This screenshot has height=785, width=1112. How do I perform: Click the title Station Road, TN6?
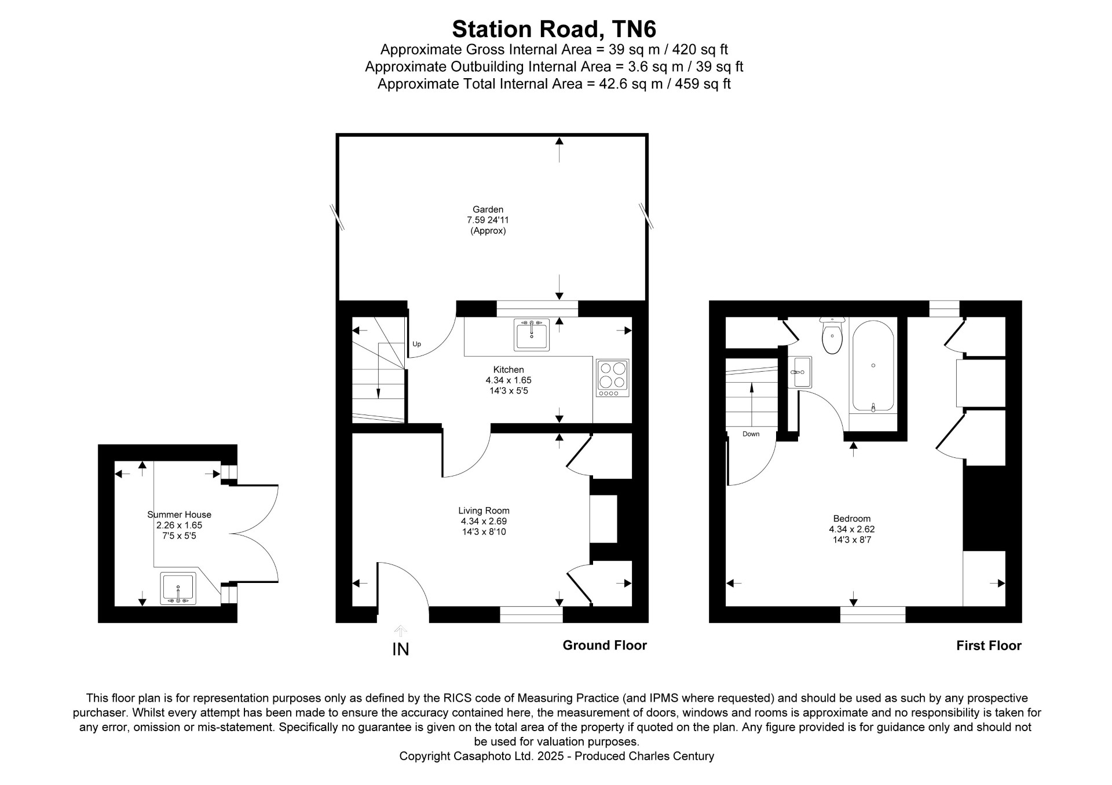point(554,29)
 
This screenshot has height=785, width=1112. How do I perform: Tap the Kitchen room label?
point(509,369)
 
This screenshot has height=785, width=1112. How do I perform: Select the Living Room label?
point(484,511)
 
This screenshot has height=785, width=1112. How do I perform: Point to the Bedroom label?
point(851,519)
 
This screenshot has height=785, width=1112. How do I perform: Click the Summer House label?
point(179,515)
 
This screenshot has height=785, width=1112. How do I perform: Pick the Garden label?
point(488,210)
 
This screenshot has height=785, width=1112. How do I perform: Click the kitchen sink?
point(532,335)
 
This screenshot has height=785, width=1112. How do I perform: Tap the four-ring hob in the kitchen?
point(613,378)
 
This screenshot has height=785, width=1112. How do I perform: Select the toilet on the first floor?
point(832,335)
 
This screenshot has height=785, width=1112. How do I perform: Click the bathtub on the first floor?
point(873,366)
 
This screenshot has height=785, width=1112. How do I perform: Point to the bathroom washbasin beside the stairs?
point(800,372)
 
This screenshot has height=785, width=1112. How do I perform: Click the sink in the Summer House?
point(178,589)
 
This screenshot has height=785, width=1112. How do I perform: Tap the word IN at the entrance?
point(401,650)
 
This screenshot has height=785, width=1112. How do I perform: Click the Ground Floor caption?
point(605,645)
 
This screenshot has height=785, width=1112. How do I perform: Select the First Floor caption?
point(989,645)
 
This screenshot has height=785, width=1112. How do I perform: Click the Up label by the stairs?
point(416,344)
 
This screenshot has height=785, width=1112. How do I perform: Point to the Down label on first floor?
point(751,434)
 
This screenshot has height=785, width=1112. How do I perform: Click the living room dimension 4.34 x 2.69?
point(484,521)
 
